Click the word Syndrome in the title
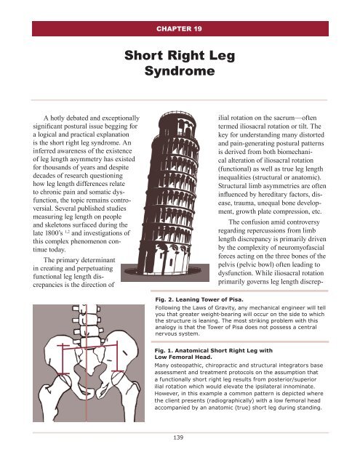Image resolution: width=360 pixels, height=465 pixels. (180, 73)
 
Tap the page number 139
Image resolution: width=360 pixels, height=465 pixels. (180, 438)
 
